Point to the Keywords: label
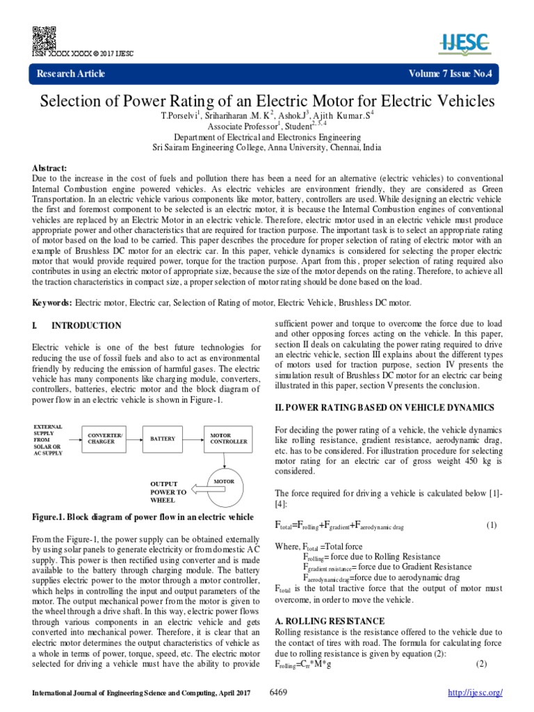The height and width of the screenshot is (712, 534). (x=53, y=302)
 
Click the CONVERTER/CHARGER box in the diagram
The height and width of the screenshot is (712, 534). (x=106, y=438)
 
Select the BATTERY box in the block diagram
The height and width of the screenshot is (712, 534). (x=163, y=438)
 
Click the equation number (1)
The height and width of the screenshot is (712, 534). (x=492, y=525)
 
